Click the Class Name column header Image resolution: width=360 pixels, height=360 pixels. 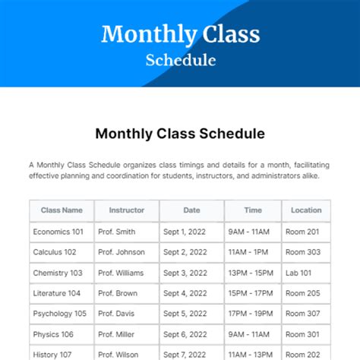click(x=62, y=210)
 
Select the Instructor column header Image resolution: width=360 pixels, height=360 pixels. click(x=126, y=210)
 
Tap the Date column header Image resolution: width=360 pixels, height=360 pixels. click(x=191, y=210)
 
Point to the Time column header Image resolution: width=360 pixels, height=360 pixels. click(x=253, y=210)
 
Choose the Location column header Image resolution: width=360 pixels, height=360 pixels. click(x=306, y=210)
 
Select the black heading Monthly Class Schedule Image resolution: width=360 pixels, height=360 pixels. click(x=180, y=134)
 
